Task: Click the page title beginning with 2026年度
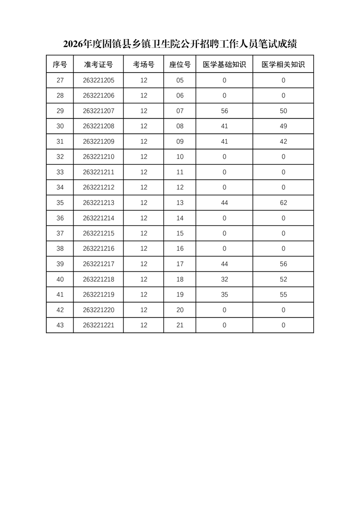[x=180, y=44]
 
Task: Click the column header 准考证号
[x=99, y=64]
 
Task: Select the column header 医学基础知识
[x=224, y=64]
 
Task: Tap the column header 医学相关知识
[x=283, y=64]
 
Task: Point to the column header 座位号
[x=180, y=64]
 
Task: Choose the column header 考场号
[x=144, y=64]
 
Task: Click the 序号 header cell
[x=60, y=64]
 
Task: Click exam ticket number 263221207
[x=99, y=111]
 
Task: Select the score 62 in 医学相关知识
[x=283, y=203]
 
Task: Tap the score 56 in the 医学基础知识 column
[x=224, y=111]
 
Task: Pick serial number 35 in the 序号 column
[x=60, y=203]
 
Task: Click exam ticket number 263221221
[x=99, y=325]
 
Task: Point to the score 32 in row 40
[x=224, y=279]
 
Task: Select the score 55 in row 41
[x=283, y=294]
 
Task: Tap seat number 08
[x=180, y=126]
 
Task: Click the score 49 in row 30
[x=283, y=126]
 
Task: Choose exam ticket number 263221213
[x=99, y=203]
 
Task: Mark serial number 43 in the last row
[x=60, y=325]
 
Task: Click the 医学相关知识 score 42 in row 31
[x=283, y=142]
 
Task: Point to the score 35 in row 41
[x=224, y=294]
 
